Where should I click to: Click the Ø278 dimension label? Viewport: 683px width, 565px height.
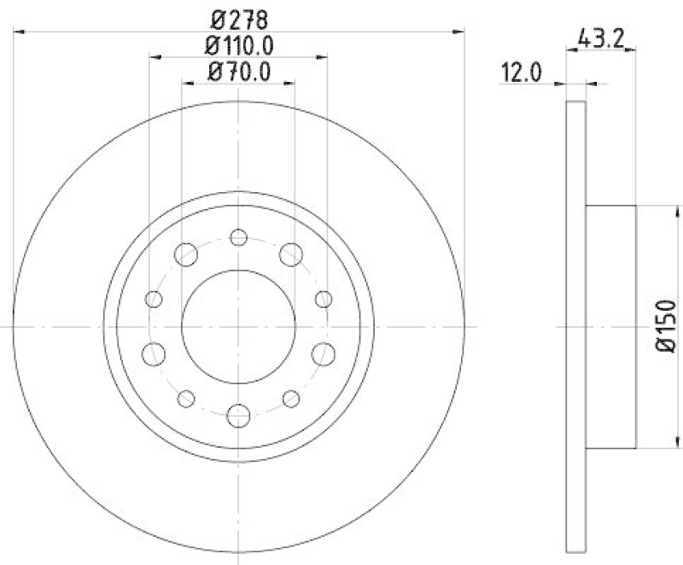click(239, 16)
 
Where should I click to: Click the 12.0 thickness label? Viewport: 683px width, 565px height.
click(522, 73)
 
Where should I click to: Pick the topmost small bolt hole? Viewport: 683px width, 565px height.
click(239, 236)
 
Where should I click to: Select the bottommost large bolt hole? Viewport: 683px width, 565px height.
click(239, 416)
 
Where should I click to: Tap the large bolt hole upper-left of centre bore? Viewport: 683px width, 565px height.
click(185, 253)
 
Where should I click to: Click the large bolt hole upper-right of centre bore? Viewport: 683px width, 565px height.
click(292, 253)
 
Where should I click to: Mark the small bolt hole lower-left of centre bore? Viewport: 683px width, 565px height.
click(186, 397)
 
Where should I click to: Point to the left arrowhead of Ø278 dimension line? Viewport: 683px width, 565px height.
click(20, 32)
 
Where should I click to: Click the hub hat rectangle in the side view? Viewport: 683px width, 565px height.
click(611, 326)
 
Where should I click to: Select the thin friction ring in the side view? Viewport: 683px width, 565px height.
click(576, 326)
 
